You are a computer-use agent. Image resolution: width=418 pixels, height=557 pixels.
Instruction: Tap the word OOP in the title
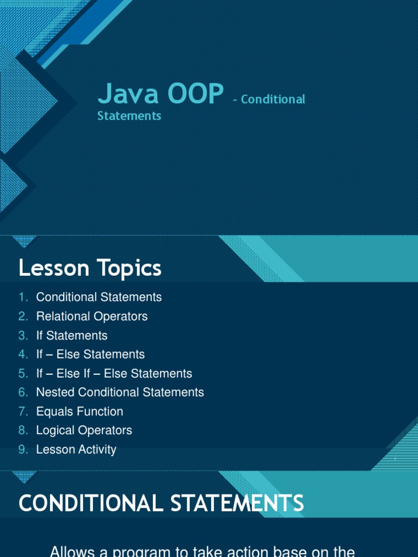pyautogui.click(x=195, y=94)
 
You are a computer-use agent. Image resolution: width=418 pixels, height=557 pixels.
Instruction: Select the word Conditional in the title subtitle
pyautogui.click(x=273, y=100)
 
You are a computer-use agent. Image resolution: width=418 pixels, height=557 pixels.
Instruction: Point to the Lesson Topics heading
pyautogui.click(x=90, y=268)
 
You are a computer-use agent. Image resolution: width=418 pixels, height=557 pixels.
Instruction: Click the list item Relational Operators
pyautogui.click(x=91, y=316)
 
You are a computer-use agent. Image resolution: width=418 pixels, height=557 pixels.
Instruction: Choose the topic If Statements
pyautogui.click(x=72, y=335)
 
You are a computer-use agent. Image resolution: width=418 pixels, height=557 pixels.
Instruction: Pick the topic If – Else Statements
pyautogui.click(x=90, y=354)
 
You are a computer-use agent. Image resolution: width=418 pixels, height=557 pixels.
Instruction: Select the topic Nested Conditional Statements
pyautogui.click(x=120, y=392)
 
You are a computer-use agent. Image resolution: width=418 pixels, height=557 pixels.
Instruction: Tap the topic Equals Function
pyautogui.click(x=79, y=411)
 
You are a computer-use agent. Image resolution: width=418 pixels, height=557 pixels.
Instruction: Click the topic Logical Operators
pyautogui.click(x=84, y=430)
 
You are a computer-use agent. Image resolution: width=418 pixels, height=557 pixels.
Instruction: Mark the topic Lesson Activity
pyautogui.click(x=76, y=449)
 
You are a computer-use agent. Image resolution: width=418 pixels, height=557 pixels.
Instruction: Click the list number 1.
pyautogui.click(x=22, y=297)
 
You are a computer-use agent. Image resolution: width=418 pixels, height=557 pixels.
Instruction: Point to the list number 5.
pyautogui.click(x=22, y=373)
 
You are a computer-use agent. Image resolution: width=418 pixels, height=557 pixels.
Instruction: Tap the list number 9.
pyautogui.click(x=22, y=449)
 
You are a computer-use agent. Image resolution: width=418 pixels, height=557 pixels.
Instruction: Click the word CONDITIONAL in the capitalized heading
pyautogui.click(x=91, y=503)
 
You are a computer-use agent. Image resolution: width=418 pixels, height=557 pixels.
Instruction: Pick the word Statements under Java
pyautogui.click(x=129, y=116)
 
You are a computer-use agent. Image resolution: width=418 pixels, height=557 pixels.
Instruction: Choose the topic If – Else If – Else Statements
pyautogui.click(x=114, y=373)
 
